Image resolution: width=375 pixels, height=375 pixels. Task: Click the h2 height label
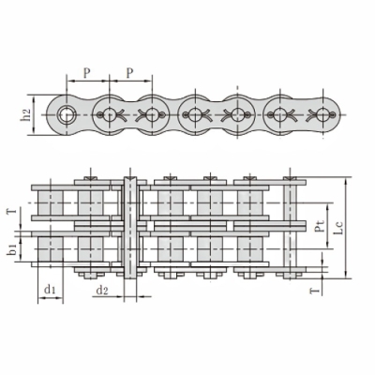tap(27, 115)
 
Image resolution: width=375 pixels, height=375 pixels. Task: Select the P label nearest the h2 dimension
tap(86, 73)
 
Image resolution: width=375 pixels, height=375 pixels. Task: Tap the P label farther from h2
tap(129, 73)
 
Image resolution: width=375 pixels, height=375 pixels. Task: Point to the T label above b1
tap(12, 212)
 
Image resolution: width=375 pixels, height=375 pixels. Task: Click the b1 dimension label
tap(12, 249)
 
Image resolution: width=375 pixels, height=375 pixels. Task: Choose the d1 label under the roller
tap(50, 290)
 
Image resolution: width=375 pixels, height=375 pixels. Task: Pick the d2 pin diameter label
tap(102, 291)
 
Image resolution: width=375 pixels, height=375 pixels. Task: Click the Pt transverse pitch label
tap(319, 226)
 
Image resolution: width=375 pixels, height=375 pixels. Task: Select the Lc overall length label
tap(337, 228)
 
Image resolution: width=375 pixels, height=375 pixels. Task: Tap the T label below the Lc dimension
tap(316, 291)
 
